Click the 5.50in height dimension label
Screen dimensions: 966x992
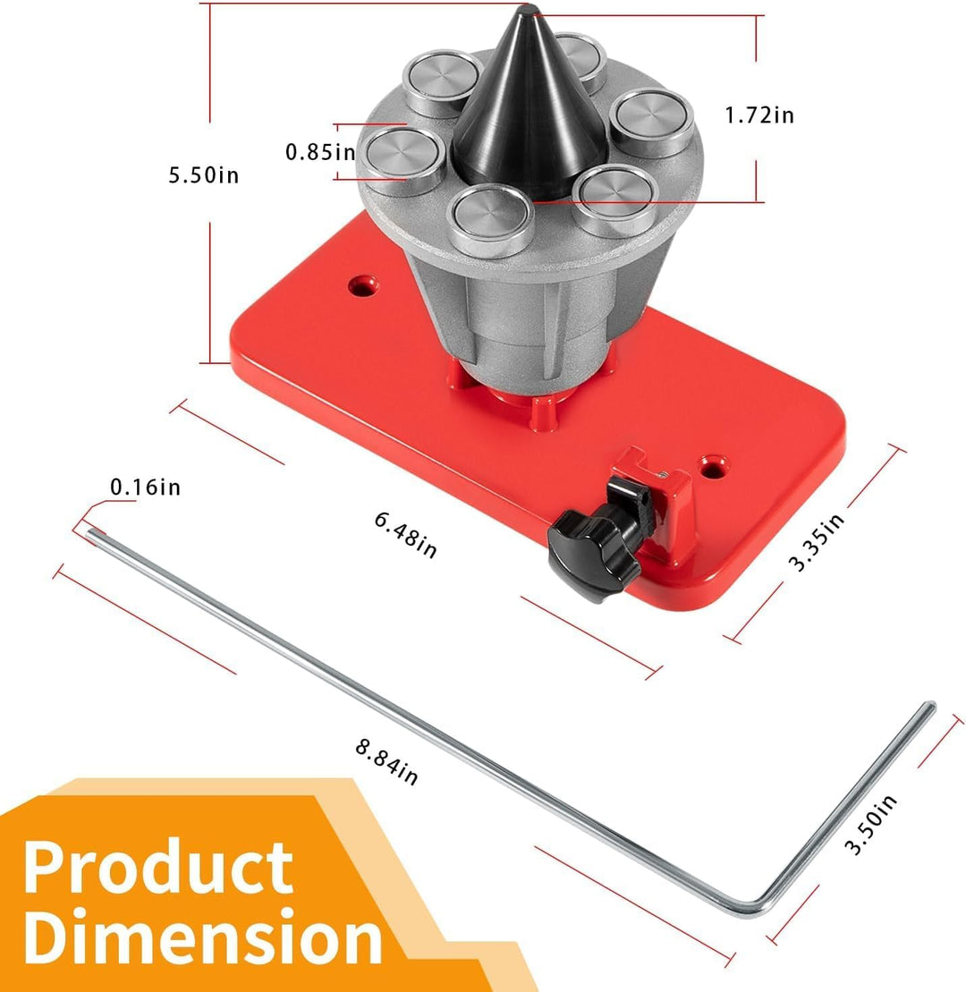click(204, 174)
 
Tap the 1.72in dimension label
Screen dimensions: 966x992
click(759, 115)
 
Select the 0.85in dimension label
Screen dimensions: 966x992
click(320, 152)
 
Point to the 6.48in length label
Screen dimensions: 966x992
click(405, 535)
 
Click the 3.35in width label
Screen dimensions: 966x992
click(816, 542)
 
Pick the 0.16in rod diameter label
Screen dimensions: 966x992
click(146, 488)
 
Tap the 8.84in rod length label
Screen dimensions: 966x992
click(386, 762)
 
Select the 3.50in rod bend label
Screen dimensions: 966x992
click(871, 825)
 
